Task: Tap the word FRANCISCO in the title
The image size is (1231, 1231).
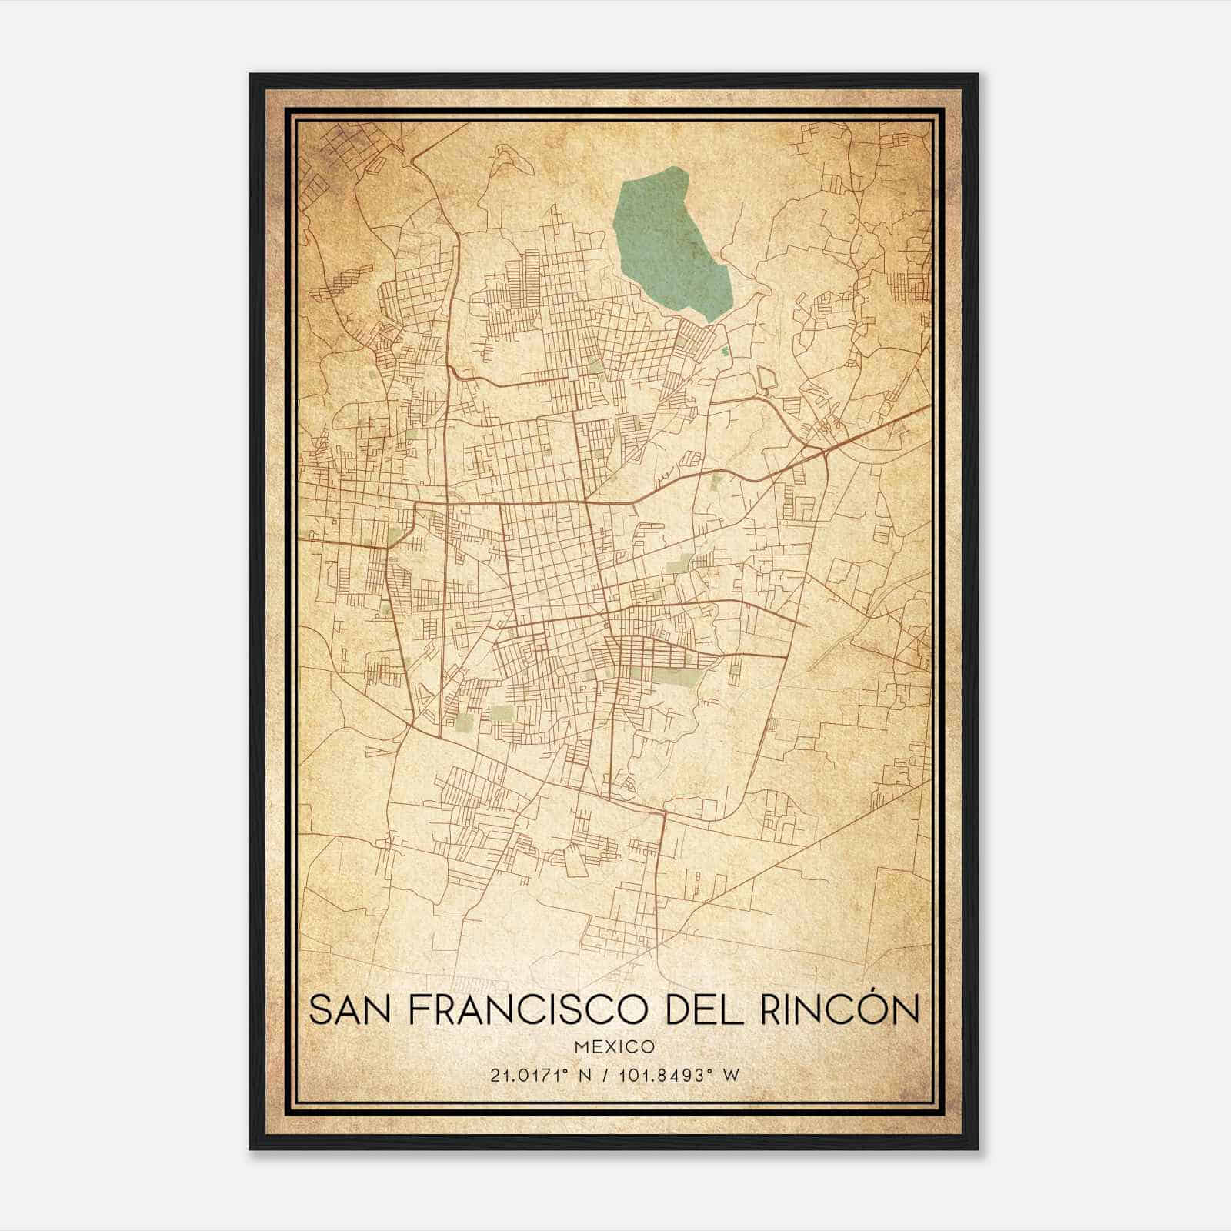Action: tap(529, 1009)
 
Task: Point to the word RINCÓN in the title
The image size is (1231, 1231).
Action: tap(840, 1009)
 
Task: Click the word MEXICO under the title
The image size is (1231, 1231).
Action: tap(614, 1046)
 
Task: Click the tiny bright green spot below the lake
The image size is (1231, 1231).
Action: tap(725, 352)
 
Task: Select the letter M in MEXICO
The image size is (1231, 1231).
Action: tap(579, 1046)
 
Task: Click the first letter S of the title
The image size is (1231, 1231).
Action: tap(321, 1009)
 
